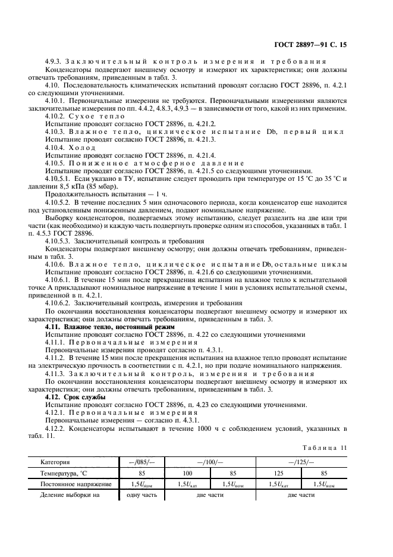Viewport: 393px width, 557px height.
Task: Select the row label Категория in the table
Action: click(55, 462)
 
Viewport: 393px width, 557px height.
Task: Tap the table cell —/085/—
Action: click(134, 462)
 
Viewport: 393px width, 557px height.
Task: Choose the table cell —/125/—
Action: click(301, 462)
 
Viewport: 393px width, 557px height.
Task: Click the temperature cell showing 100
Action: click(186, 473)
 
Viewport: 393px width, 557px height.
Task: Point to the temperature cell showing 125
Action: click(278, 473)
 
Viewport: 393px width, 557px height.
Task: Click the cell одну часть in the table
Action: click(134, 495)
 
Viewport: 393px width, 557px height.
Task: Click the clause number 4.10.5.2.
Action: click(60, 202)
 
